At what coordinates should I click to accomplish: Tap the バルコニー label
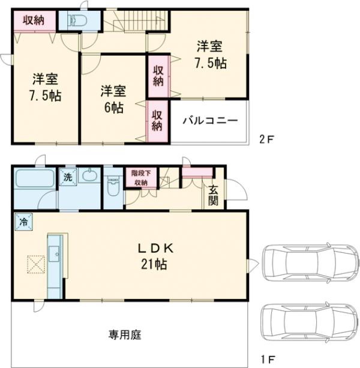tap(210, 120)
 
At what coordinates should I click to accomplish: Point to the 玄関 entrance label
tap(214, 194)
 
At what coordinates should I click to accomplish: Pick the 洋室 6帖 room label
tap(113, 99)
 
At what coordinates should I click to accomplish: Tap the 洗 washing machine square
tap(67, 177)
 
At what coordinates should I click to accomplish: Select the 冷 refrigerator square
tap(24, 221)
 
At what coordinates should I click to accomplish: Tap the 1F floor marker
tap(266, 360)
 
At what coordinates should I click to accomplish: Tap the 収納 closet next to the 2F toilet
tap(34, 20)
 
